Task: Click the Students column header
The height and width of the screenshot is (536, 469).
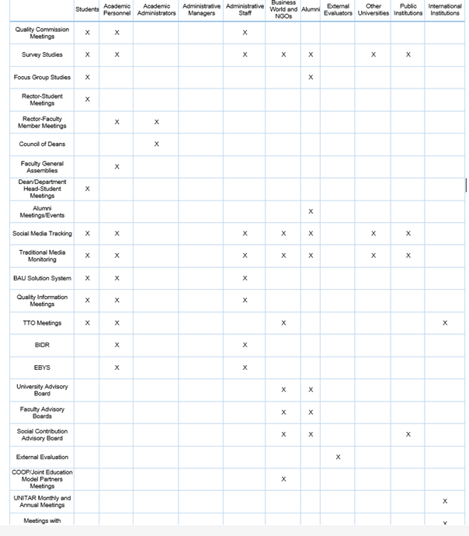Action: coord(87,9)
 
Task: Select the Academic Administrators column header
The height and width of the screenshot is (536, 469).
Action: coord(156,9)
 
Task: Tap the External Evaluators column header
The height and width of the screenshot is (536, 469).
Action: coord(338,9)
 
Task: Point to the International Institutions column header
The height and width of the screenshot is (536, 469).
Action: coord(445,9)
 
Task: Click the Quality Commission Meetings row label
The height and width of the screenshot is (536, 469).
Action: coord(42,33)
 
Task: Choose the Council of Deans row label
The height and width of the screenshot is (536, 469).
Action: coord(42,144)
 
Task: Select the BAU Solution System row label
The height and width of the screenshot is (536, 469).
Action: coord(42,278)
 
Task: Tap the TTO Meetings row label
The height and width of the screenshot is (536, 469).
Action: coord(42,322)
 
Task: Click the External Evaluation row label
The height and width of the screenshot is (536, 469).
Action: coord(42,457)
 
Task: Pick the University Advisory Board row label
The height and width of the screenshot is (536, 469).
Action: coord(42,390)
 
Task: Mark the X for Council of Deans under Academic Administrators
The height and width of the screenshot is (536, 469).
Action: coord(157,144)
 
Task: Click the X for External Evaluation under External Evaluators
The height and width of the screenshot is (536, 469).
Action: coord(338,457)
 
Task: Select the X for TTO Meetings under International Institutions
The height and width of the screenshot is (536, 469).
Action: coord(445,322)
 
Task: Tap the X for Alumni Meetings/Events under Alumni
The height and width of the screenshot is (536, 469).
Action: coord(311,211)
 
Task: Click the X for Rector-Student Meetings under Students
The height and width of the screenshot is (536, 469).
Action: coord(88,99)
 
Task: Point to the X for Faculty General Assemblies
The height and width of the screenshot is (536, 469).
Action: coord(117,166)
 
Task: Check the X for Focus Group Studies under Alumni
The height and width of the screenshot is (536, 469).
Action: coord(311,77)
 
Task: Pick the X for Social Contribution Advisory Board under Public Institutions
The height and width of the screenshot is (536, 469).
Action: coord(408,434)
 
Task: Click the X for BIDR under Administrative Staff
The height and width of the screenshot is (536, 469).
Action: coord(245,345)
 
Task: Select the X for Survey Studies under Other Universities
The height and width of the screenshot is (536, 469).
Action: coord(373,54)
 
